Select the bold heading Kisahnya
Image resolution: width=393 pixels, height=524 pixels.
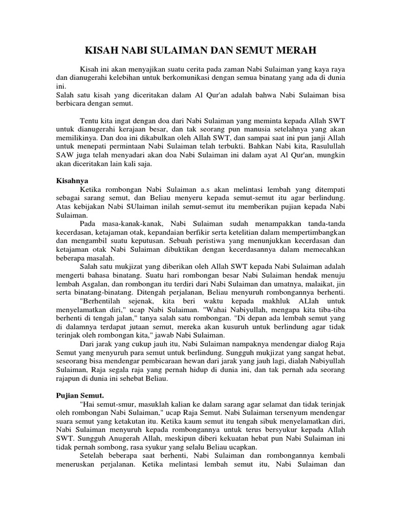click(71, 181)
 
